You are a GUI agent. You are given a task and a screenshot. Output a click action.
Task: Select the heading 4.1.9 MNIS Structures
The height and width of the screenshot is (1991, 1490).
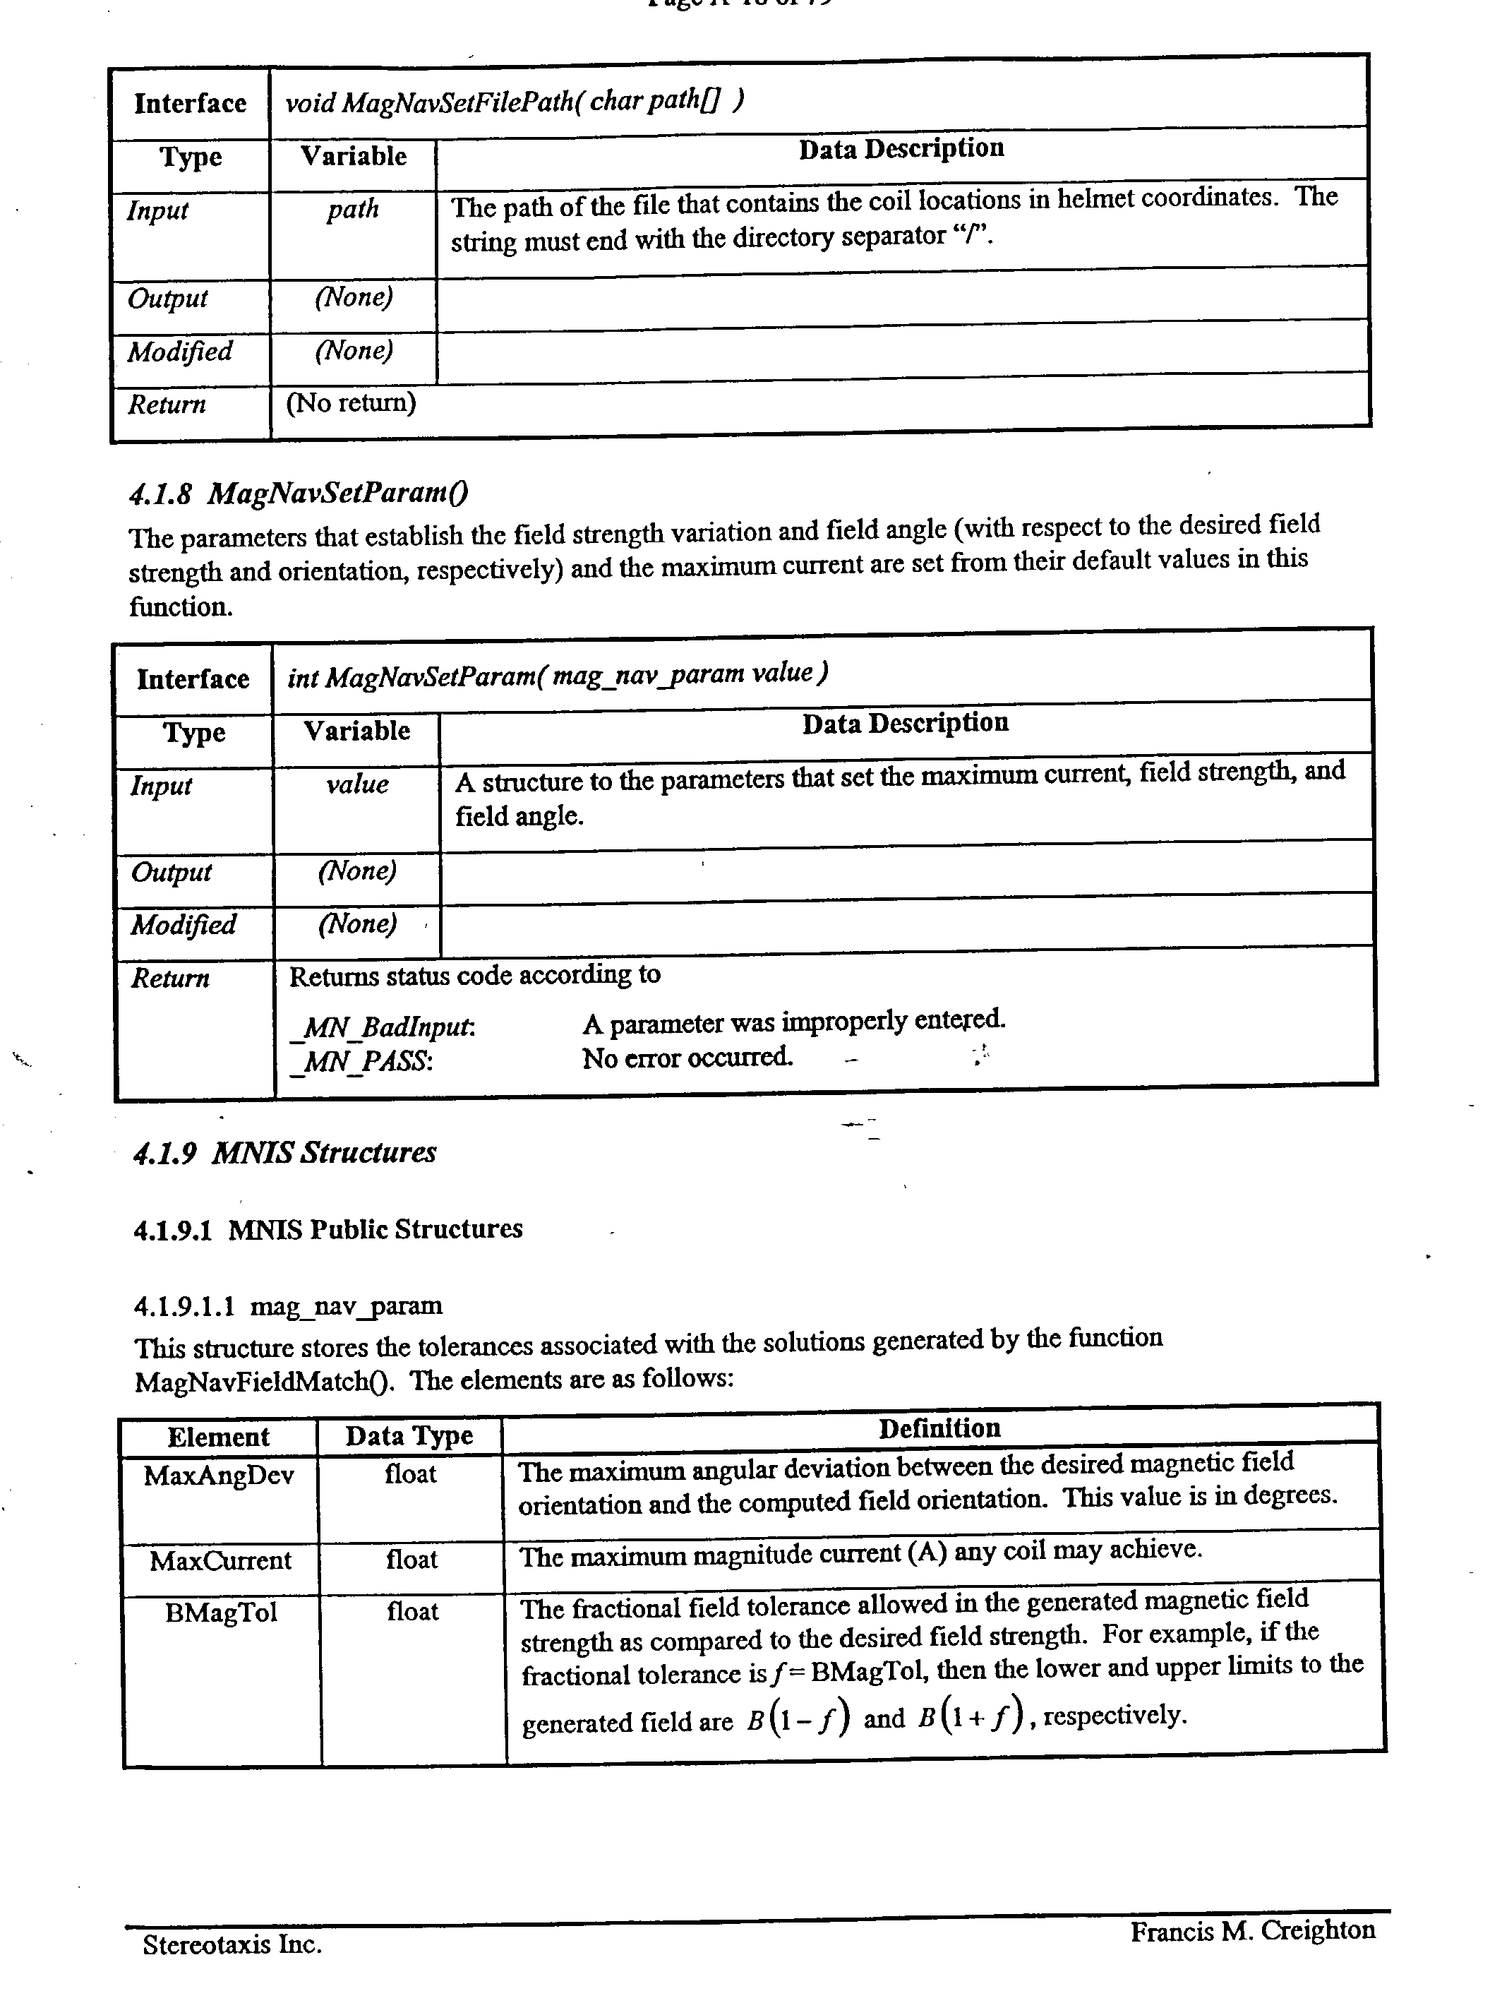(284, 1153)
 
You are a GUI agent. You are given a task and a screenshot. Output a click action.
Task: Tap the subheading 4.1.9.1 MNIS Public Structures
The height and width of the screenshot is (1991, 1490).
(328, 1229)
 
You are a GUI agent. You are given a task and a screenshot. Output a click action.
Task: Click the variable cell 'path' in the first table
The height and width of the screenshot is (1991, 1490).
(353, 210)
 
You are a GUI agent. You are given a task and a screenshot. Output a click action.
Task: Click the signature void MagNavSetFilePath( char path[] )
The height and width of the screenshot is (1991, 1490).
(514, 102)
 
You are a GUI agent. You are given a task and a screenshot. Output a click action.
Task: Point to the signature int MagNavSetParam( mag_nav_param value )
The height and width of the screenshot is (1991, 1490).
(557, 675)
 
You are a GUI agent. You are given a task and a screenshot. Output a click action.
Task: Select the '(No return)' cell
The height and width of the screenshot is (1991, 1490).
(351, 402)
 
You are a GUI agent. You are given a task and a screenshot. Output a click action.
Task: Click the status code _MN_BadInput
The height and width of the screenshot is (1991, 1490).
(383, 1027)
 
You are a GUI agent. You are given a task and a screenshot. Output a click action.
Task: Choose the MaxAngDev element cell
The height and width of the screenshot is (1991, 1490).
(219, 1476)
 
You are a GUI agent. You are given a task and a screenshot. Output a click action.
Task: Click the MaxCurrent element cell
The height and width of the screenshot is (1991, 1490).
(220, 1561)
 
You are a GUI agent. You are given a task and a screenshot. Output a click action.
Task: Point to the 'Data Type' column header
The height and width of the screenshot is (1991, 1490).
(409, 1435)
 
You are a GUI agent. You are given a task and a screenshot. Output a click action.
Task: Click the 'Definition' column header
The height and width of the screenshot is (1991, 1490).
(939, 1428)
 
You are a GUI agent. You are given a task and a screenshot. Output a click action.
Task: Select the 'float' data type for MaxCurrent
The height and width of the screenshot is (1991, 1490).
(411, 1560)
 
